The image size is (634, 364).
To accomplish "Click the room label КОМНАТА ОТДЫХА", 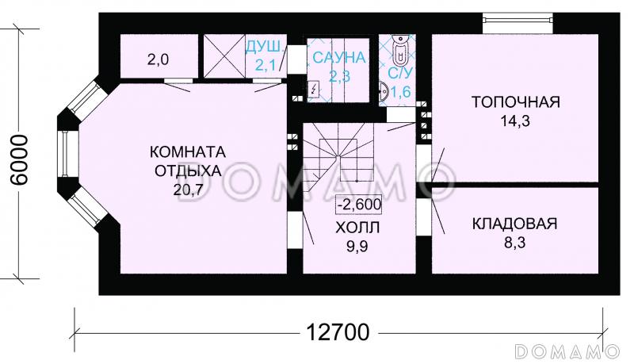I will coord(188,160).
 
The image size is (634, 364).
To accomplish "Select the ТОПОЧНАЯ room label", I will coord(516,102).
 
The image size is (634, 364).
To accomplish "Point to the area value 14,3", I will coord(515,121).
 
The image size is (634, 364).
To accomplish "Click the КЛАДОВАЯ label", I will coord(514,224).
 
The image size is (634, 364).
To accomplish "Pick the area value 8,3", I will coord(514,243).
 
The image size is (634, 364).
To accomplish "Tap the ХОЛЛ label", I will coord(357,228).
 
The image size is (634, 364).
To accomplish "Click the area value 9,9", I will coord(357,247).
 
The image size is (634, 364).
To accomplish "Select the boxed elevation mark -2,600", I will coord(359,204).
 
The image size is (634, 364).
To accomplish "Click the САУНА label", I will coord(338,58).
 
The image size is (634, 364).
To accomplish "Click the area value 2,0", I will coord(158,58).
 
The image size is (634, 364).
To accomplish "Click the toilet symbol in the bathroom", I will coord(399,52).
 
